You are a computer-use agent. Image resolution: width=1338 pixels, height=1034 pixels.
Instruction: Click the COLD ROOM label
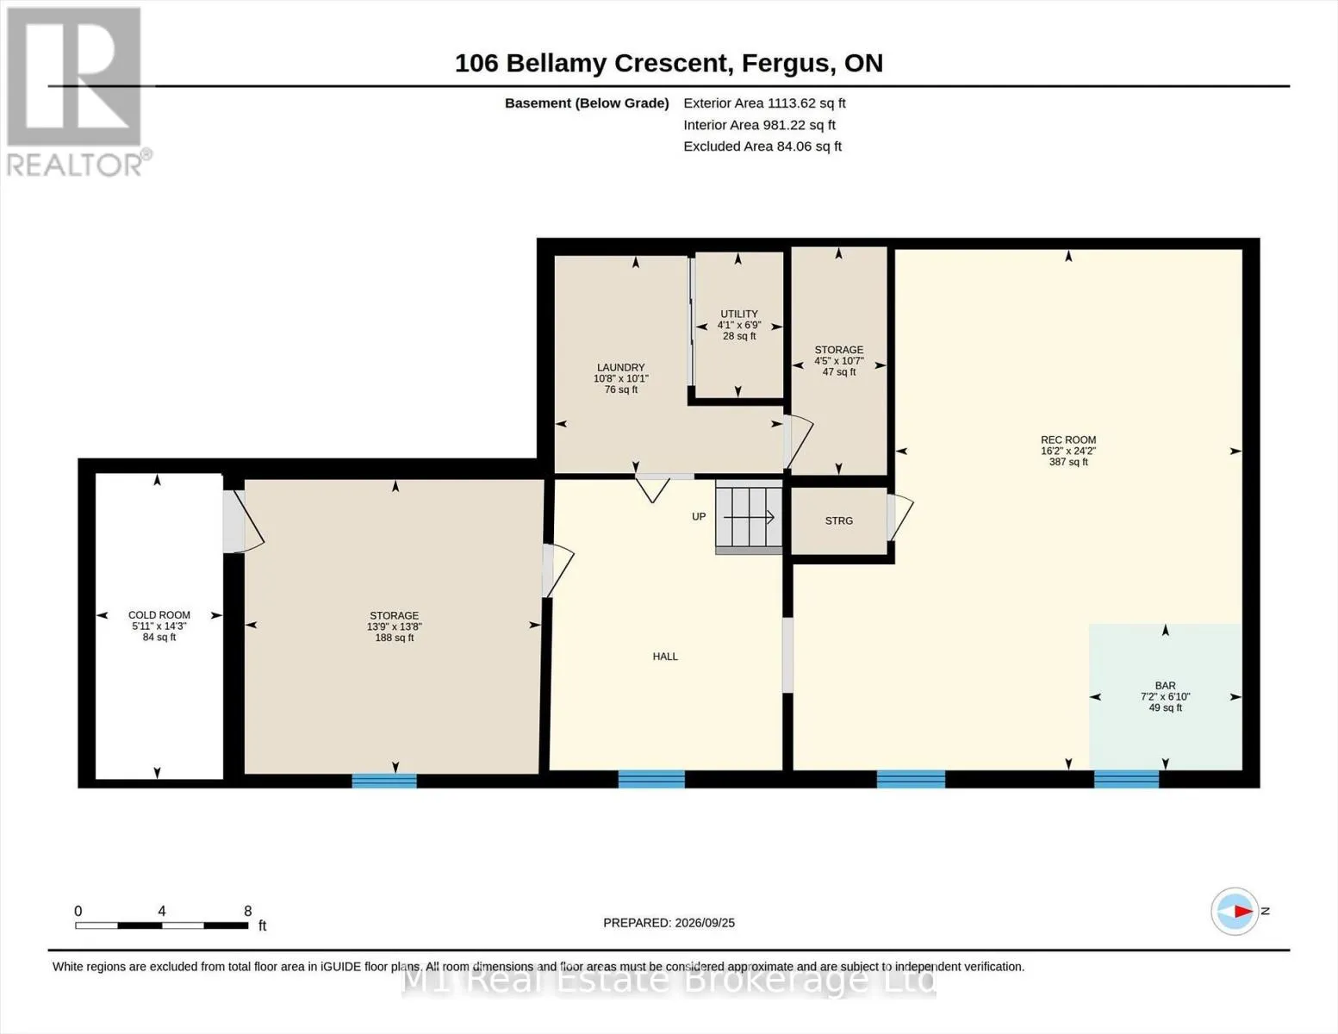tap(159, 614)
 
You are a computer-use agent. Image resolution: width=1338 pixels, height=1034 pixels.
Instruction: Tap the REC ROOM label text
tap(1068, 439)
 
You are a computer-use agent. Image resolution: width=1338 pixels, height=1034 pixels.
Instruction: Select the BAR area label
tap(1165, 685)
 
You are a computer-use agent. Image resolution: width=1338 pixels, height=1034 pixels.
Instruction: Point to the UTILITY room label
tap(739, 315)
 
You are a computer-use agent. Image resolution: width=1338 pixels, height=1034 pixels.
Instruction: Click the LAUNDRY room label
tap(620, 368)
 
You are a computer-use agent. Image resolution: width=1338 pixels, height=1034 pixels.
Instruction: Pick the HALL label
tap(665, 657)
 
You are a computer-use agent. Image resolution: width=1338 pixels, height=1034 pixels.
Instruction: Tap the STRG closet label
tap(838, 521)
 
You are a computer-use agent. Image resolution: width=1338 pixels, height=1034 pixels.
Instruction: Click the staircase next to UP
tap(749, 517)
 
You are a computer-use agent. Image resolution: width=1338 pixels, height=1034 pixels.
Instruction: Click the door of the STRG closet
tap(899, 517)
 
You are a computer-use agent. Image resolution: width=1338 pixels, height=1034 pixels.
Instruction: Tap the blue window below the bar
tap(1126, 779)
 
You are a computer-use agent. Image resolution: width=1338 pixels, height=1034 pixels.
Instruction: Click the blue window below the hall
tap(651, 779)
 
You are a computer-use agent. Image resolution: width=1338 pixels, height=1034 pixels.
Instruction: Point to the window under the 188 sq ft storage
tap(384, 781)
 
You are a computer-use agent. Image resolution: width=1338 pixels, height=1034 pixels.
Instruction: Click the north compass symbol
tap(1235, 911)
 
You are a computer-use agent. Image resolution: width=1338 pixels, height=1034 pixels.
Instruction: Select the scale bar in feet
tap(162, 925)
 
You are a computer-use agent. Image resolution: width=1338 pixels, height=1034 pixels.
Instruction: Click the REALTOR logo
tap(77, 92)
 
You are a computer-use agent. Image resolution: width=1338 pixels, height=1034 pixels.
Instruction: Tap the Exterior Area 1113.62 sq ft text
tap(764, 103)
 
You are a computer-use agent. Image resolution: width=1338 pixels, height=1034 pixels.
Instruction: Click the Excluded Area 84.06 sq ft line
tap(762, 146)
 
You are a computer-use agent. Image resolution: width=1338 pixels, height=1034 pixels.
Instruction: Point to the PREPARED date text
tap(669, 923)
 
